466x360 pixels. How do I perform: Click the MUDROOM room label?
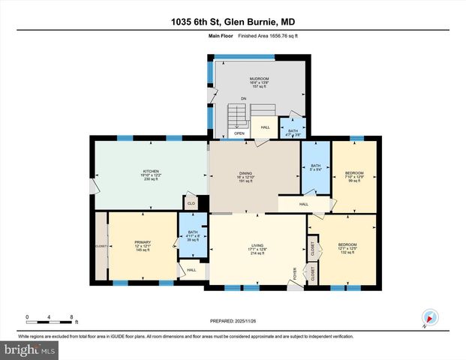point(259,78)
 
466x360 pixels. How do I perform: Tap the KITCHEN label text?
point(151,172)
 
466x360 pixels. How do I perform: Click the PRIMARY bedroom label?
point(143,242)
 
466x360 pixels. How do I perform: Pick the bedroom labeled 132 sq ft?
point(347,245)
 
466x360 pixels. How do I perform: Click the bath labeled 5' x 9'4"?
point(315,166)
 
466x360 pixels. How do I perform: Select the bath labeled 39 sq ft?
point(193,233)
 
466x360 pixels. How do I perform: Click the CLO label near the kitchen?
point(191,202)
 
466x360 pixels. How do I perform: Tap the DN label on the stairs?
point(243,99)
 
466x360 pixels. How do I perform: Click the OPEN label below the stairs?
point(239,133)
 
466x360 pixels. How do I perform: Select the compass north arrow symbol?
point(428,317)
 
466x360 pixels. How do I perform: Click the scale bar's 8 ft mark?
point(71,316)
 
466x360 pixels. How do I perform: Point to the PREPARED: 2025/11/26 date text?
point(233,320)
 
